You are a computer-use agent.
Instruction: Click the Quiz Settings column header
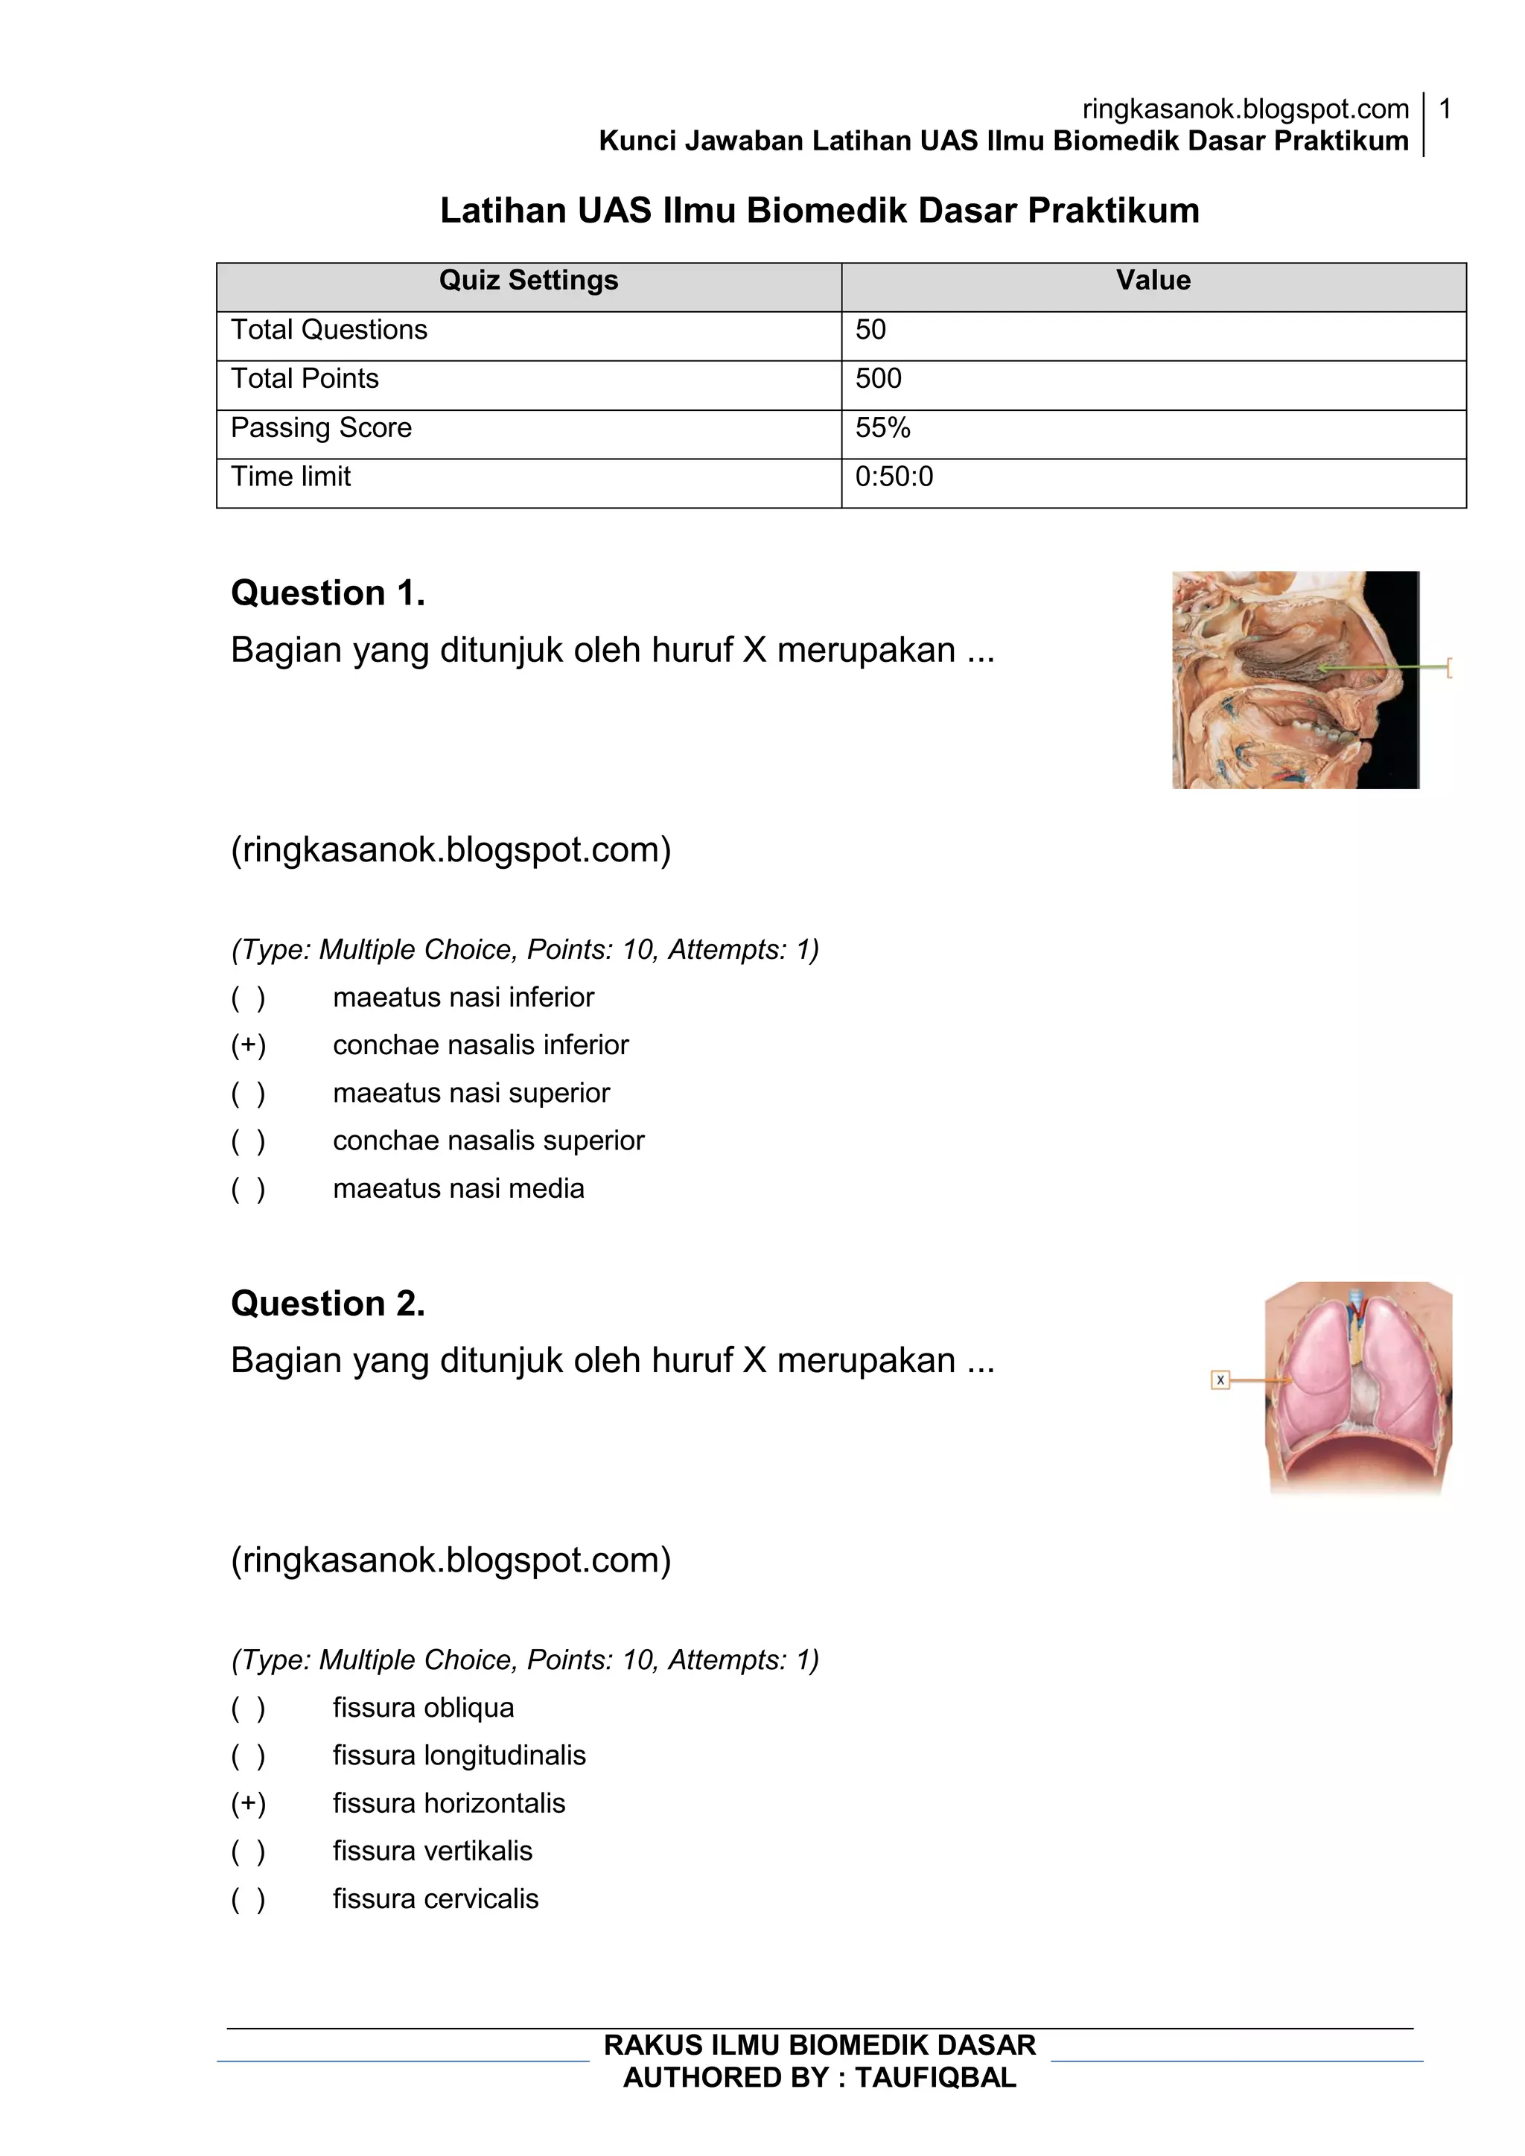(529, 281)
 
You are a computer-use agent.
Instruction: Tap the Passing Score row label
(321, 428)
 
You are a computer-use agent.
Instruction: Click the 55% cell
(882, 428)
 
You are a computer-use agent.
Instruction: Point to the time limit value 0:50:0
(894, 477)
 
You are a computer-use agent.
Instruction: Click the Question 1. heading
(328, 593)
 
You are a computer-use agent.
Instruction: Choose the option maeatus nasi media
(458, 1189)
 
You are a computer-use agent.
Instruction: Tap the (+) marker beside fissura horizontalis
(249, 1803)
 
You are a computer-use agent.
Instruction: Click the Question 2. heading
(328, 1304)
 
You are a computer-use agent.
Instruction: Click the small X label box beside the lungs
(1220, 1380)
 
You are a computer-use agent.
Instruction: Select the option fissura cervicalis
(435, 1898)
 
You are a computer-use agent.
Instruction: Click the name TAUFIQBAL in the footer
(935, 2077)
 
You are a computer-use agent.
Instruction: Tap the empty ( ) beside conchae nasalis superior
(249, 1141)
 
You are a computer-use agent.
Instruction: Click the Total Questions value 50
(870, 330)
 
